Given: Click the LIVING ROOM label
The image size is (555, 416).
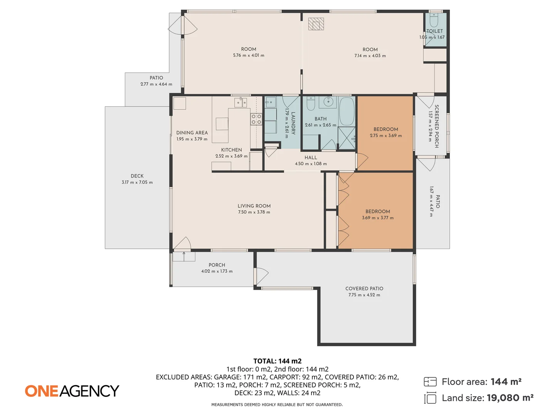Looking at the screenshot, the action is coord(254,206).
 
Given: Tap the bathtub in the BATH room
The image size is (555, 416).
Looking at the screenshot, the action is coord(346,112).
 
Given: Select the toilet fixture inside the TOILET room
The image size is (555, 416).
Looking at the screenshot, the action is coord(434,21).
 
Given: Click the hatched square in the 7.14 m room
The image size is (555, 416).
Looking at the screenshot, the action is coord(316,24).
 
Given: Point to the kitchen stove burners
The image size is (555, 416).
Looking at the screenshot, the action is coord(256,119).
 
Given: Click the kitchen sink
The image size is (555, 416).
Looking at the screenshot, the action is coord(240,102).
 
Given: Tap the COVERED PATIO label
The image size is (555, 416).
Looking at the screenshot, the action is coord(364,289).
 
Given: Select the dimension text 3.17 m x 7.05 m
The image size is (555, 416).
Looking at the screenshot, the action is coord(137,182).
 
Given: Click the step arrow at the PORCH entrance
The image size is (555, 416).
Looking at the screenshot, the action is coord(184,256).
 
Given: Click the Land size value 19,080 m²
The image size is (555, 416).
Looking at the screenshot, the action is coord(510,398).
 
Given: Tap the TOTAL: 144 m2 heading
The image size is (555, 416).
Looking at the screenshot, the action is coord(277,361).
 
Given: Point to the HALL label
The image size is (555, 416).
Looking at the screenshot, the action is coord(311,158).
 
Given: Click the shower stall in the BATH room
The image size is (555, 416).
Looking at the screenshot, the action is coord(346,138).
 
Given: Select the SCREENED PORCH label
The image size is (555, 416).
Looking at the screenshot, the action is coord(437,126).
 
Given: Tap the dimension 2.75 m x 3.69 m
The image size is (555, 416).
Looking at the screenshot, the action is coord(385,136).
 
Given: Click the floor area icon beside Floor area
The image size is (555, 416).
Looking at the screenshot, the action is coord(430,382).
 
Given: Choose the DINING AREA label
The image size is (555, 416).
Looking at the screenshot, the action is coord(192,133).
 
